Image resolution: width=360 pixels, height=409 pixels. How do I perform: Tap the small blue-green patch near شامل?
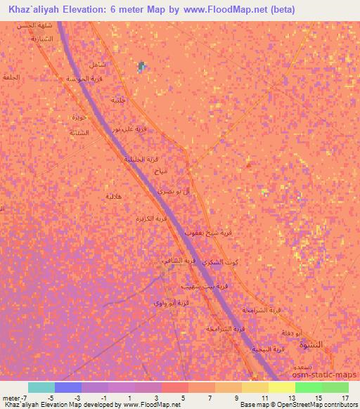(x=142, y=67)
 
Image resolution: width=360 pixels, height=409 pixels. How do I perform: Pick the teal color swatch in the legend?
(x=41, y=387)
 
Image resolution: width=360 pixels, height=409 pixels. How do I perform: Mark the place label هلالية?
(x=114, y=196)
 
